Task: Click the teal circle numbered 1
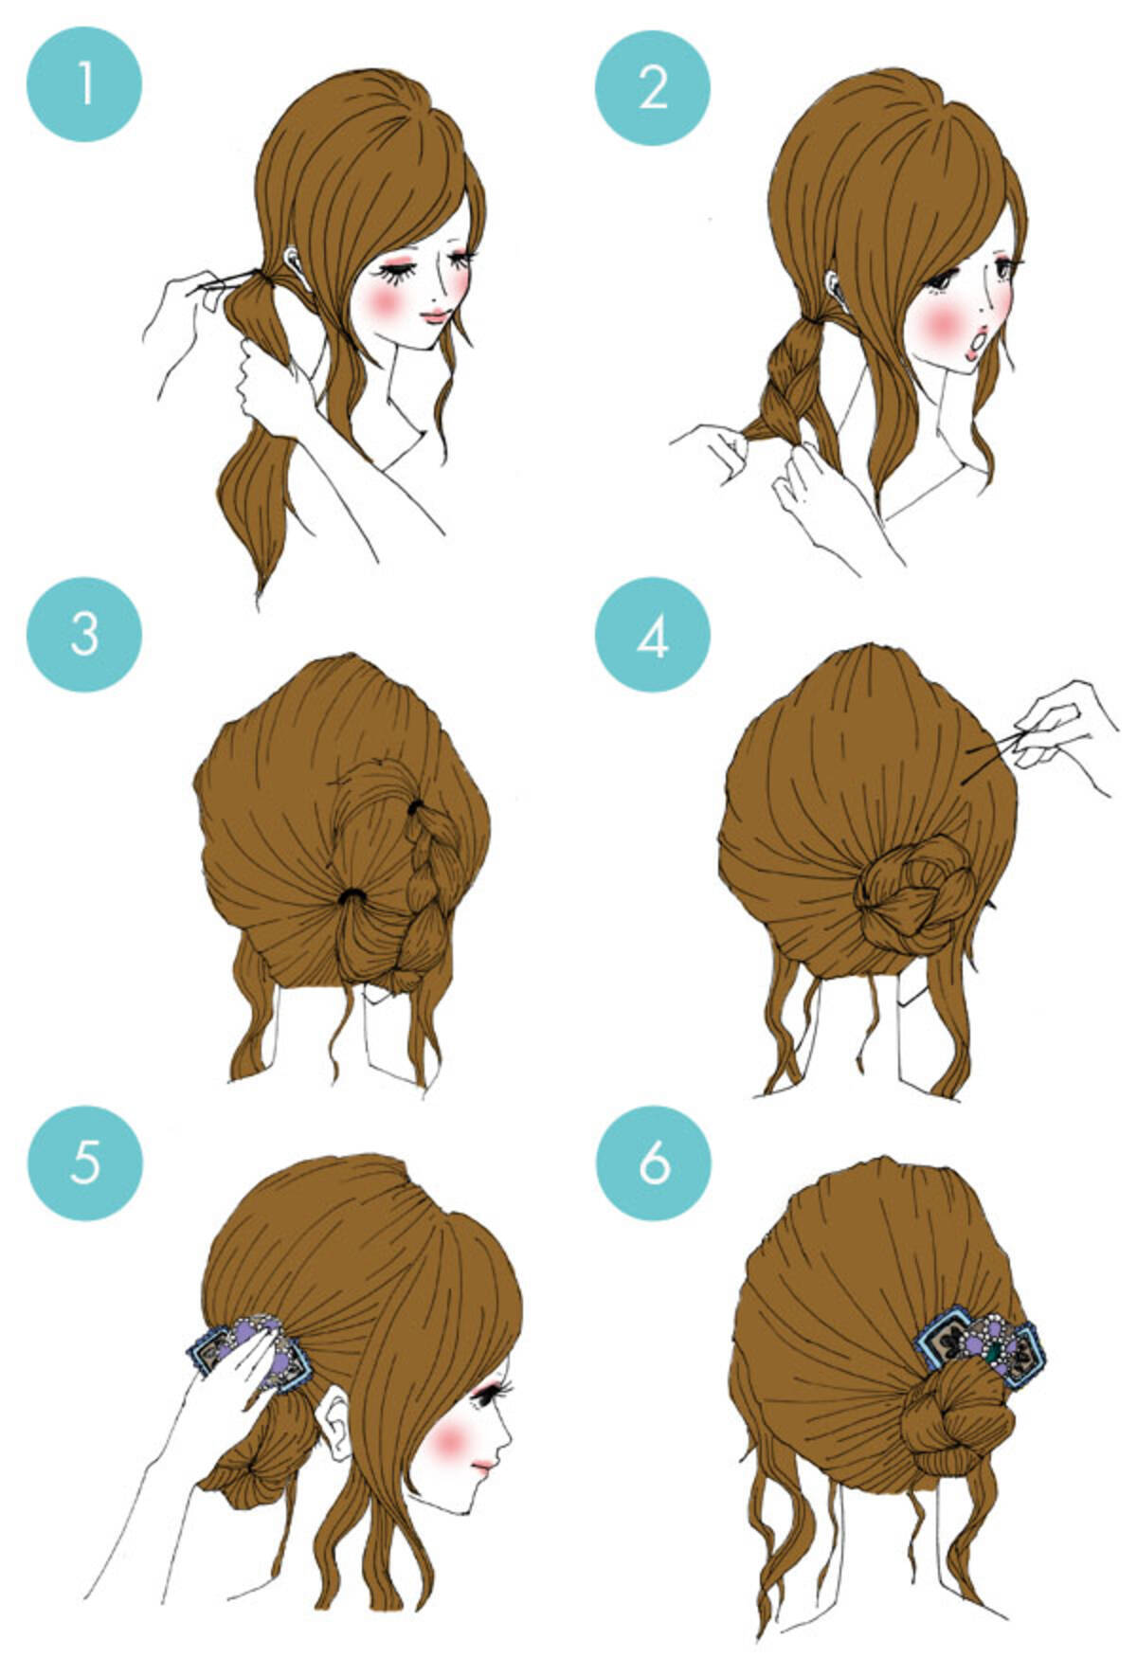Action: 84,84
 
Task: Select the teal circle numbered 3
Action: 84,633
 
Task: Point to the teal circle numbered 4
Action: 653,635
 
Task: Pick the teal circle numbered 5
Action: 84,1162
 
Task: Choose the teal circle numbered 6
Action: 653,1162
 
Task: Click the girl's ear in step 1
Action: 296,268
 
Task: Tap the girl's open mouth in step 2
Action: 978,339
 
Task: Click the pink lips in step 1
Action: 435,316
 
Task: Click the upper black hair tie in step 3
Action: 416,808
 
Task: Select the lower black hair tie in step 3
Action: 352,897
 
